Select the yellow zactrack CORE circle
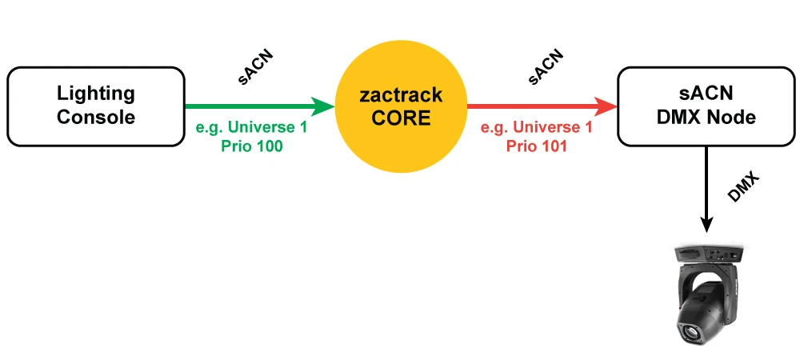tap(400, 106)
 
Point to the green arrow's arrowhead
tap(324, 106)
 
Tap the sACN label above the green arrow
tap(258, 67)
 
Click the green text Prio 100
tap(251, 146)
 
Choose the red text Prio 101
tap(536, 146)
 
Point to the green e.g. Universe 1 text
tap(251, 128)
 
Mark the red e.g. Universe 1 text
tap(536, 128)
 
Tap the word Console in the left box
tap(96, 117)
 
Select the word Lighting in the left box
tap(96, 94)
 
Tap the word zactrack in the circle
tap(400, 96)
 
